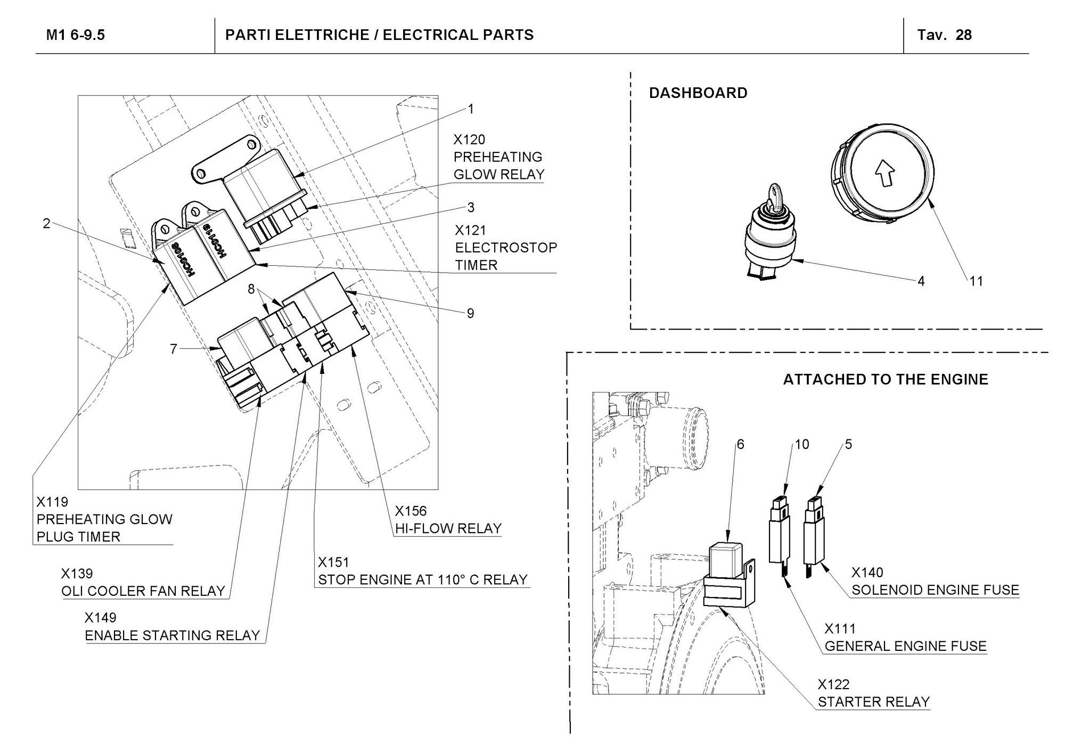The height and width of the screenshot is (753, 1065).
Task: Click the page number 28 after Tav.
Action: coord(964,35)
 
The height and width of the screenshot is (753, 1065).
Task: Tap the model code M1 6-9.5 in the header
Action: coord(76,35)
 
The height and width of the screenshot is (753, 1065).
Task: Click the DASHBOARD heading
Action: coord(698,93)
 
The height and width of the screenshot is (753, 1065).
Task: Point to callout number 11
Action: coord(976,281)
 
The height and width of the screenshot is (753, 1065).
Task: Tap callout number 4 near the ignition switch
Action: coord(921,281)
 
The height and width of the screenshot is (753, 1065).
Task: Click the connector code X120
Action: coord(469,140)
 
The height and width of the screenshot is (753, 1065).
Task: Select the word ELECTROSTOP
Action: coord(506,248)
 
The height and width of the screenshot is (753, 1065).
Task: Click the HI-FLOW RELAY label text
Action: coord(448,528)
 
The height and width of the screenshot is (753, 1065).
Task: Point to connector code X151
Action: coord(333,562)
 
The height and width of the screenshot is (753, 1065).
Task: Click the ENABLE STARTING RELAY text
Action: coord(173,635)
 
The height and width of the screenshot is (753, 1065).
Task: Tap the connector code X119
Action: coord(52,502)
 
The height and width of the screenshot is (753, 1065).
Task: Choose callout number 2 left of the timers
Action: coord(46,224)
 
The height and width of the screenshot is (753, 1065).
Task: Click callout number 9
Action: coord(470,313)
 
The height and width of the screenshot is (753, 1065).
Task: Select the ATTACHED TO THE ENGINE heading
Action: coord(886,380)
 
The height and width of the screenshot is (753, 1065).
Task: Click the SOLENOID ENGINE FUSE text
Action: coord(935,590)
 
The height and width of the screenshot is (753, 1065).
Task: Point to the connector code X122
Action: coord(833,684)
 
